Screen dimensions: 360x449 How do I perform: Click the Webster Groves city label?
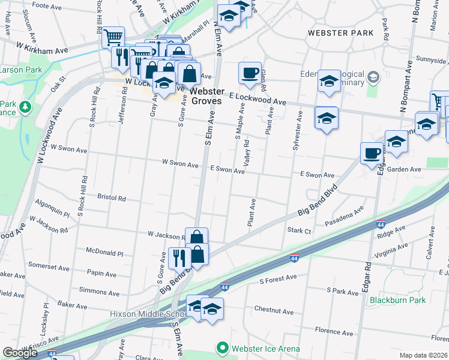[208, 96]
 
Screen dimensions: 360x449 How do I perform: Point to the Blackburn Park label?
[397, 300]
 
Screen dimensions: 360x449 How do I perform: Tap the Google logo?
[20, 353]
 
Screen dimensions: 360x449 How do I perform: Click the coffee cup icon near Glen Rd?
[250, 73]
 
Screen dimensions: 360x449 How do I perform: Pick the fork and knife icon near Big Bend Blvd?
[179, 257]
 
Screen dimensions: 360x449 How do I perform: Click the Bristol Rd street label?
[112, 197]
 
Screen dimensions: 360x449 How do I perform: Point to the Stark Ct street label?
[299, 230]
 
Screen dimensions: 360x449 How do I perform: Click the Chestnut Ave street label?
[273, 311]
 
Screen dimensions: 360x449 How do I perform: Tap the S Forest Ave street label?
[279, 278]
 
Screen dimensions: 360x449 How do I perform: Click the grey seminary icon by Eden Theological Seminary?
[373, 76]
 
